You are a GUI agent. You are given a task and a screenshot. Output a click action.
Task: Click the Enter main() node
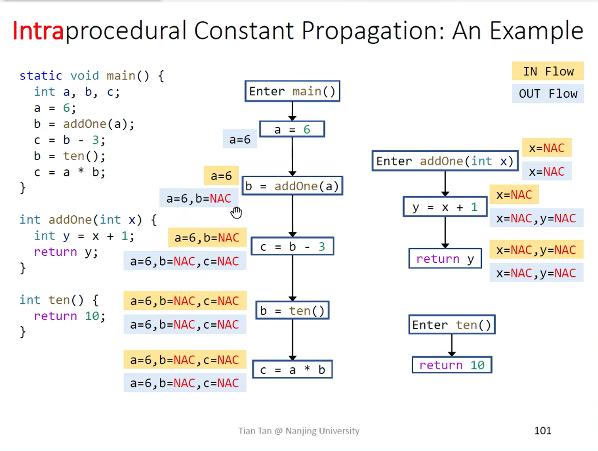point(292,91)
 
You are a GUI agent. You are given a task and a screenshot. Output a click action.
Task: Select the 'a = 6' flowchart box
point(292,129)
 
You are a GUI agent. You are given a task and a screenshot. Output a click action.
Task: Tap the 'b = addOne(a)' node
point(292,186)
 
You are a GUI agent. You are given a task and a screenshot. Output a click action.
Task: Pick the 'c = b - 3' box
point(292,247)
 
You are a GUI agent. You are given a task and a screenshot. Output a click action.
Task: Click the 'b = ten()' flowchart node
point(292,311)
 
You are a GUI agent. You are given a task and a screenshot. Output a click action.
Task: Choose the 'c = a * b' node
point(292,370)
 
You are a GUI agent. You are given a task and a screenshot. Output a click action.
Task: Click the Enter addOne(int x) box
point(445,161)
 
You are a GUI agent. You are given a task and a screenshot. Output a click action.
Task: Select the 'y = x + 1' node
point(445,207)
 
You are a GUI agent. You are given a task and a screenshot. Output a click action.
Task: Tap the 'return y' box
point(445,259)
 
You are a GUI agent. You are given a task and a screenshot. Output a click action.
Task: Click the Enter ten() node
point(452,325)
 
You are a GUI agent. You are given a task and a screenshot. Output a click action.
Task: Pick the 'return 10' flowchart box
point(452,365)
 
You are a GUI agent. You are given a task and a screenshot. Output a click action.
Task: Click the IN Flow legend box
point(548,72)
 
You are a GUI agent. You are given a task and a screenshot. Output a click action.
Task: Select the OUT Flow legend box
point(548,94)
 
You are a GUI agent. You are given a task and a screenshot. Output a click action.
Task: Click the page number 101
point(543,430)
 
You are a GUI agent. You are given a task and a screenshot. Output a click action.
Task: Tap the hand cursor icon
point(236,213)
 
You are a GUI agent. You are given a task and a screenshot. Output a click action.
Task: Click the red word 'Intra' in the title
point(38,31)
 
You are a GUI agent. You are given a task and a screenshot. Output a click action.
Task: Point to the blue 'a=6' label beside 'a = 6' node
point(240,139)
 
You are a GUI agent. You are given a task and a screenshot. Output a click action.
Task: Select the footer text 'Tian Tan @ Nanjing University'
point(299,431)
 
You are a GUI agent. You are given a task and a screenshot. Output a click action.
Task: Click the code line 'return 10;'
point(69,316)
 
